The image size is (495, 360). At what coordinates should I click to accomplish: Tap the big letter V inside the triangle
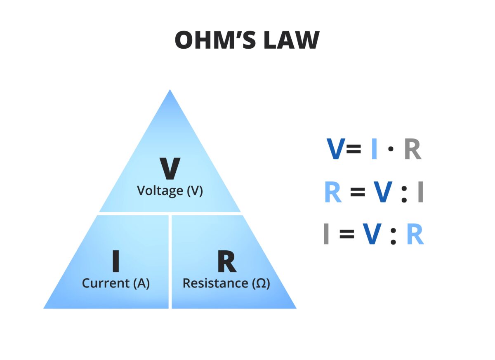170,169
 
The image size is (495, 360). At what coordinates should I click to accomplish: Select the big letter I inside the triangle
116,261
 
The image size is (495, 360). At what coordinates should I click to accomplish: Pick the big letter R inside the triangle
226,261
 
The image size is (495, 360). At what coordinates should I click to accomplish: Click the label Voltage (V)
170,191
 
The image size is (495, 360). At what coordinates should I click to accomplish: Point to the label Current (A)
116,284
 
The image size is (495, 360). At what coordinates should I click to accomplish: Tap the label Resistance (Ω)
226,284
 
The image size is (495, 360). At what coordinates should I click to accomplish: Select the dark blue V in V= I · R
336,149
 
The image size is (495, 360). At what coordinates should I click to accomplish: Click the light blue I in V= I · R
374,149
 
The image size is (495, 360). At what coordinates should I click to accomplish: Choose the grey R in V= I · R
412,149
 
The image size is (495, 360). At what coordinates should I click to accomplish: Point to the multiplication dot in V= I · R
390,149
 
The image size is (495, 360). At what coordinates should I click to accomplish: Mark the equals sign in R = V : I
358,193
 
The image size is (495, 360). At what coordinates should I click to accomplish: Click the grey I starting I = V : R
326,235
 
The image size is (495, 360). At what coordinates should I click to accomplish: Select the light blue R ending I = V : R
415,235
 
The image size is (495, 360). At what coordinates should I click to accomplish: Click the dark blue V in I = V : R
372,235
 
